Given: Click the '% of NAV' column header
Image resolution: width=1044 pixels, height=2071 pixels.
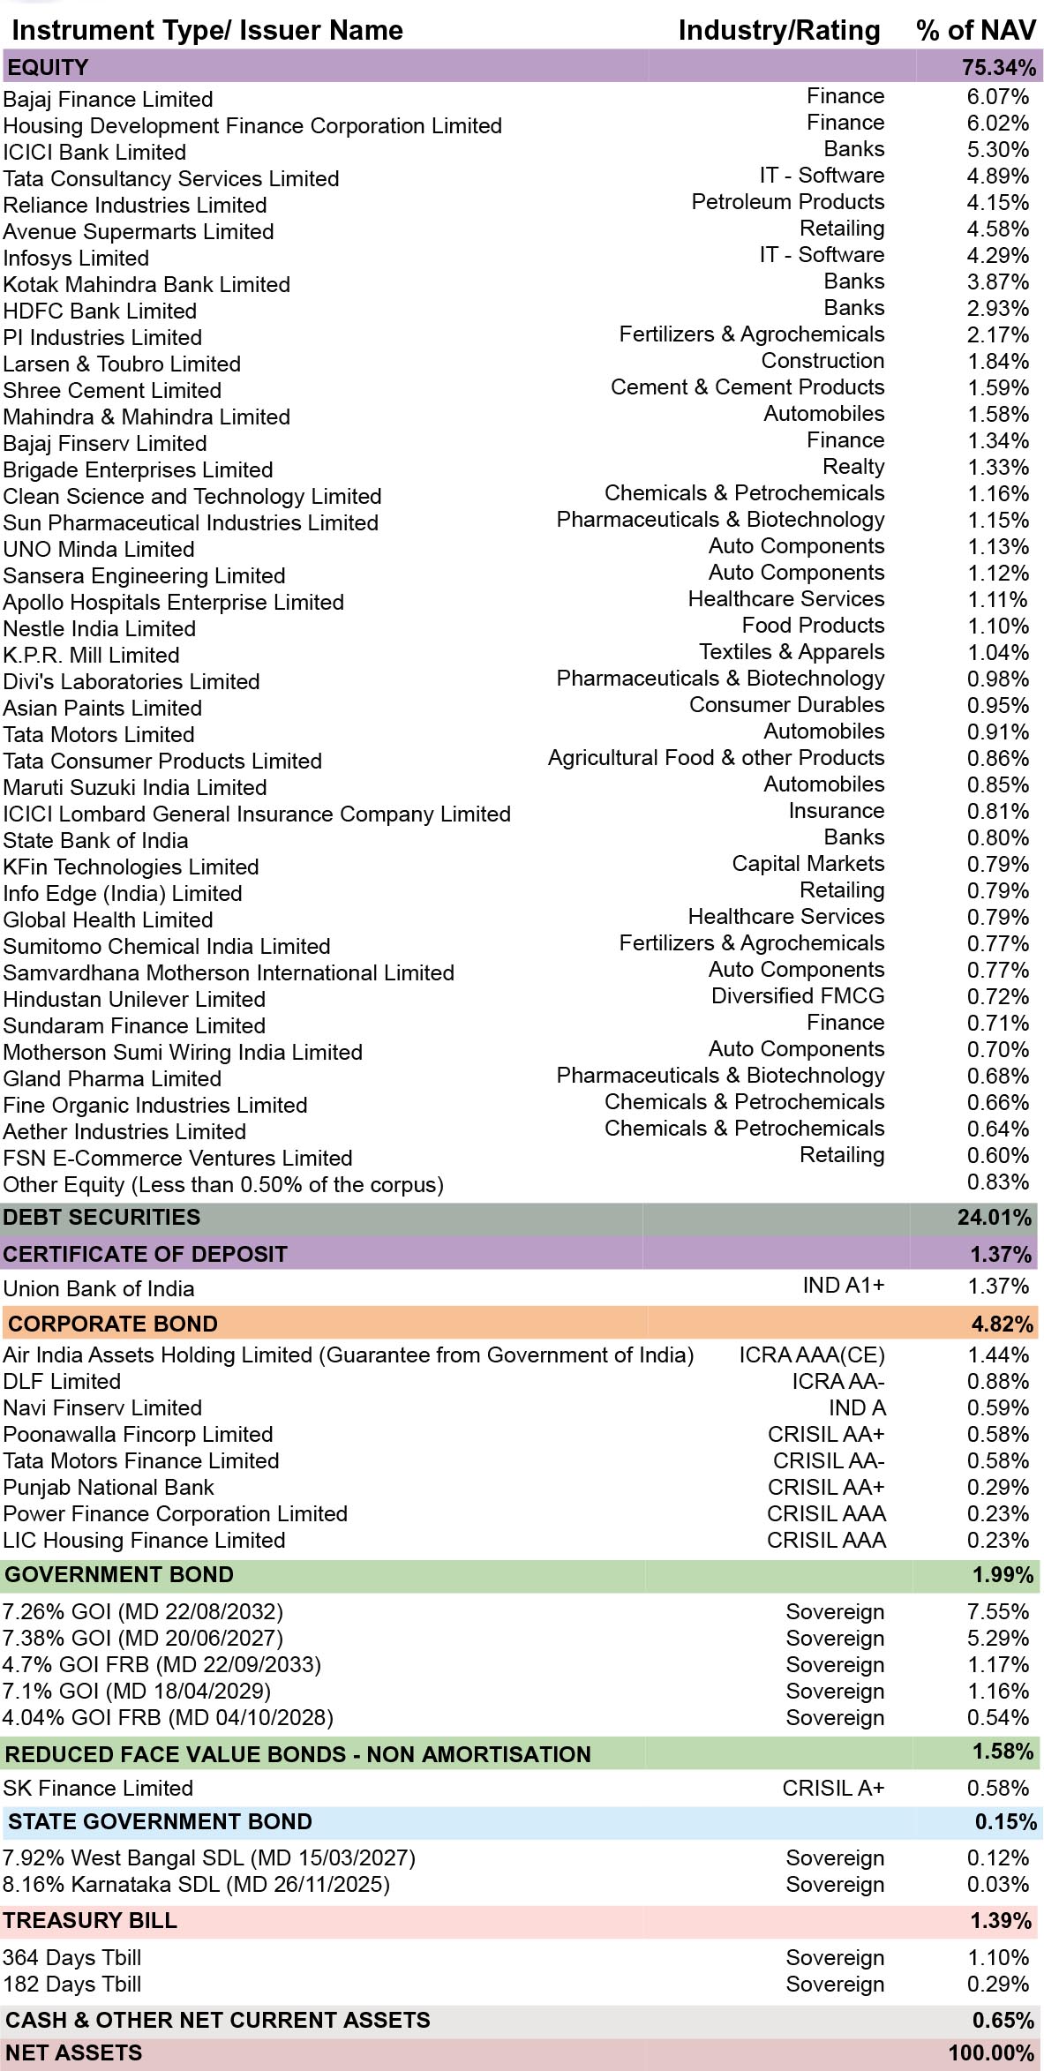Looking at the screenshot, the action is coord(976,31).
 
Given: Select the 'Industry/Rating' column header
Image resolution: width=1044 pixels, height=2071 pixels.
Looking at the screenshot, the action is coord(779,32).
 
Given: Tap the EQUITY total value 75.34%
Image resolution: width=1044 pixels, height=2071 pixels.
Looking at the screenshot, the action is coord(999,67).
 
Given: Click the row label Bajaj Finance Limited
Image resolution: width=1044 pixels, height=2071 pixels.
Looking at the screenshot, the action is coord(108,100).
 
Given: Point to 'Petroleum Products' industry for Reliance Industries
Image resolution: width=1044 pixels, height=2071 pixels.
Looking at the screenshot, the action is coord(788,202).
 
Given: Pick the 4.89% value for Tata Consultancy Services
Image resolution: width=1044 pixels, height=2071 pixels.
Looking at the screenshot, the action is coord(998,176).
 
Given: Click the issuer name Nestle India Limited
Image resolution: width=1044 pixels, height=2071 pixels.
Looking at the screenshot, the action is coord(99,629).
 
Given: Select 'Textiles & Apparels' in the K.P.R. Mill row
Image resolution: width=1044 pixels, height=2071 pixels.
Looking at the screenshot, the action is coord(792,652).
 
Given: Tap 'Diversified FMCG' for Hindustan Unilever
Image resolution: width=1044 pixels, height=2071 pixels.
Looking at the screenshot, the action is coord(798,996).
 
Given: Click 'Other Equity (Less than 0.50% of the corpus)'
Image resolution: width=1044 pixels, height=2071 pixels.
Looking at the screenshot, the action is coord(223,1185).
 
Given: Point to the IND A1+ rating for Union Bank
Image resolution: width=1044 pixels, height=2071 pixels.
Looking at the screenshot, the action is coord(844,1286).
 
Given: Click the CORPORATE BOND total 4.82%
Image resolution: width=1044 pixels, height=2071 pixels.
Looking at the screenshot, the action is coord(1003,1324).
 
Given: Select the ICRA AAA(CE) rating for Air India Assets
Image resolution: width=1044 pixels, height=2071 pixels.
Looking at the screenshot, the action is coord(812,1354).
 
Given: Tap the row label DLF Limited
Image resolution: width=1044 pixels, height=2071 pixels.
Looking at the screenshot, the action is coord(62,1382).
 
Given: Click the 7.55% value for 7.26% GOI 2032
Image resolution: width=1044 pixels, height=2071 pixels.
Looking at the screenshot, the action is coord(998,1612).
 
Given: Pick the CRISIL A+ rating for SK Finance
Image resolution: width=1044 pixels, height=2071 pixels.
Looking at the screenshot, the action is coord(833,1788).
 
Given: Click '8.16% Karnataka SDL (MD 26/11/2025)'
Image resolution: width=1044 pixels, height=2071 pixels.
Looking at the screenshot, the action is coord(196,1885).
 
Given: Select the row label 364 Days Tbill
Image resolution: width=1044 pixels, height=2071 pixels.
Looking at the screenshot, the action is coord(71,1957).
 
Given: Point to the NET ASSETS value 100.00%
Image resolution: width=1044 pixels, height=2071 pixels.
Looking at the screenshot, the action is coord(991,2052).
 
